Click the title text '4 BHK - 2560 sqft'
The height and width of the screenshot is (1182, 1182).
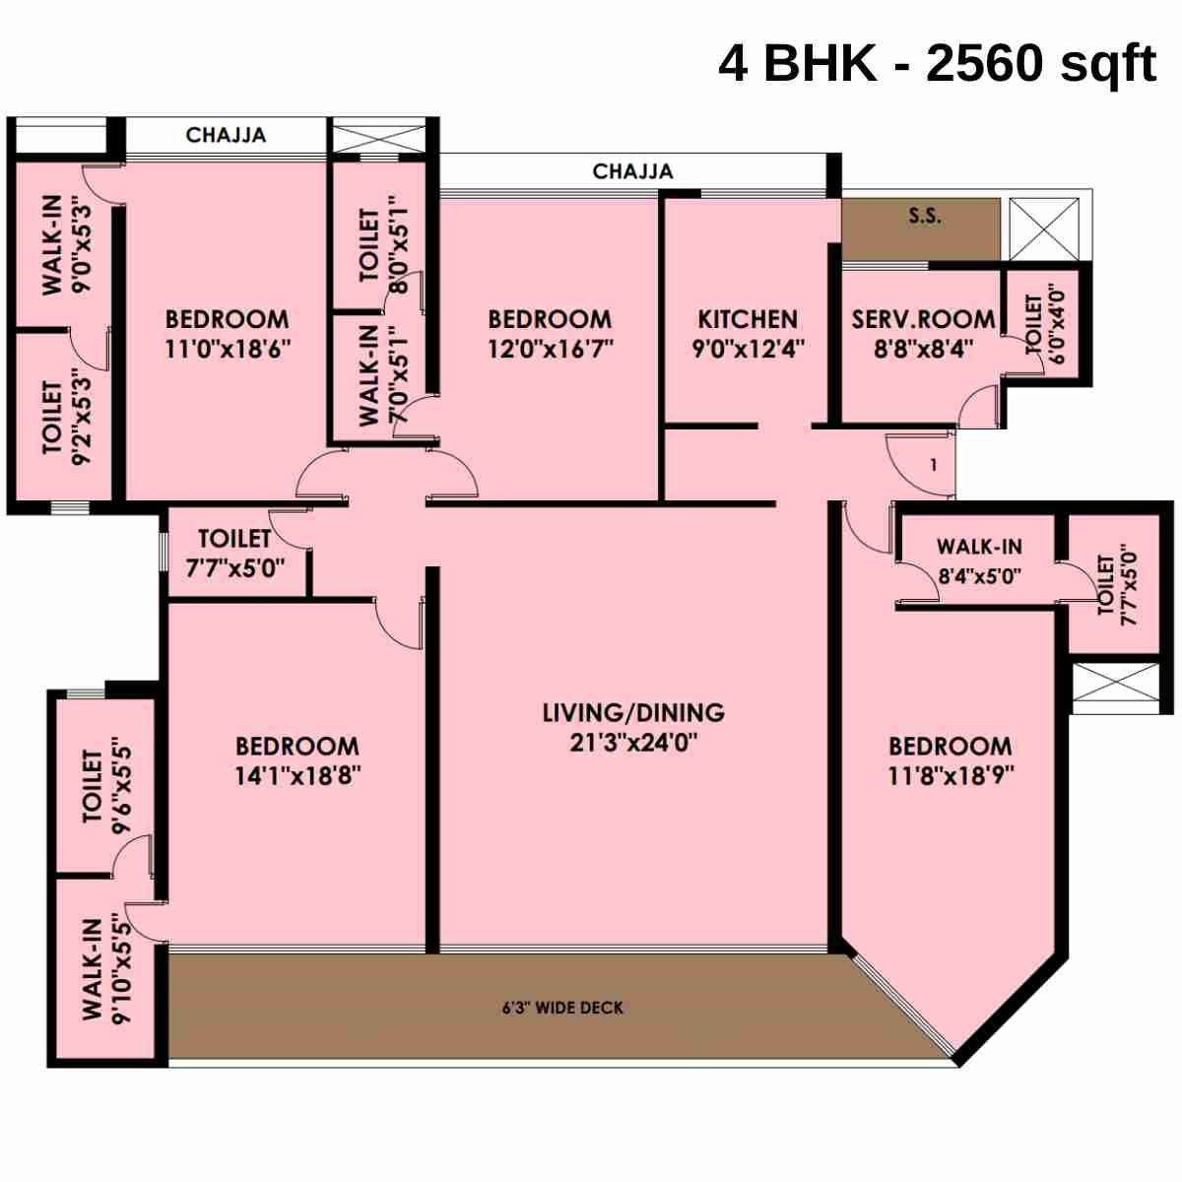point(937,64)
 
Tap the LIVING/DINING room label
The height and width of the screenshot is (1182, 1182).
point(633,712)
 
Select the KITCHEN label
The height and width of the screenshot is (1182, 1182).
point(748,319)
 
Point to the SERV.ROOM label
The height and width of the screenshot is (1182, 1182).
point(923,319)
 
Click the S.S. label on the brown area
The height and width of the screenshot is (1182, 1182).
point(924,216)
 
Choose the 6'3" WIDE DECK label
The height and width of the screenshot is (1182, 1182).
point(562,1008)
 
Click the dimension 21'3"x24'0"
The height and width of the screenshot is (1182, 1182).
point(633,742)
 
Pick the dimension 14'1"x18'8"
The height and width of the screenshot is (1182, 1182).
point(297,775)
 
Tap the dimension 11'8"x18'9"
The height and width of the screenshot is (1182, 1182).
point(951,775)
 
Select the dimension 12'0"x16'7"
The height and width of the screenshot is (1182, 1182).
point(551,349)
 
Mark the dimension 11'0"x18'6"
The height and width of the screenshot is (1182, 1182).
point(228,349)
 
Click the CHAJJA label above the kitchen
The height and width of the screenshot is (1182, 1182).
point(632,171)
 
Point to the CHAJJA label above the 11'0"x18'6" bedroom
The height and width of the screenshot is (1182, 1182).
point(226,135)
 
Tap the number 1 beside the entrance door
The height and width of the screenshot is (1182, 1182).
point(934,465)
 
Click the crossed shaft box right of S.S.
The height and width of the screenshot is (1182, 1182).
point(1044,230)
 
